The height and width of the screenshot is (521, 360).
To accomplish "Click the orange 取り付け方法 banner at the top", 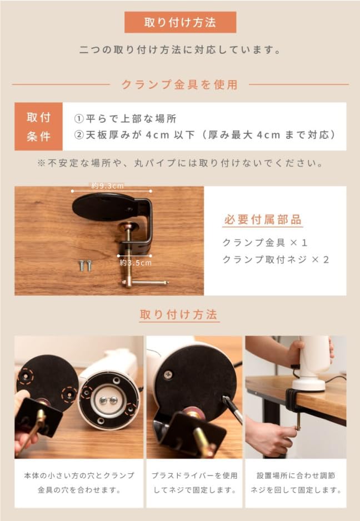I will click(180, 23).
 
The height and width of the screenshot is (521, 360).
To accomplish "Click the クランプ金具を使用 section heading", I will click(180, 84).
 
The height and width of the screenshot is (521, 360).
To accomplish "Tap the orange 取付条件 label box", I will click(38, 127).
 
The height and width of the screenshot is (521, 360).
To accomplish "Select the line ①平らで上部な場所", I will click(126, 119).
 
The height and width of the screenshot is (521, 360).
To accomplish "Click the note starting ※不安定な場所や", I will click(180, 163).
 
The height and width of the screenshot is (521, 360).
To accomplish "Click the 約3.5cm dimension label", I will click(135, 262).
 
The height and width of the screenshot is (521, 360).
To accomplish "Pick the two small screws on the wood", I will click(84, 265).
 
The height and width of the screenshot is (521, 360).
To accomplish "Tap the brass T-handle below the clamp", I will click(144, 283).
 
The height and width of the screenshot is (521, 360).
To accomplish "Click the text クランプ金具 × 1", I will click(264, 243).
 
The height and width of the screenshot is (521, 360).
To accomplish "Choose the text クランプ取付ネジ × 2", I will click(276, 259).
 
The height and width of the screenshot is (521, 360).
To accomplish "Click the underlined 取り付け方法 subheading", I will click(180, 315).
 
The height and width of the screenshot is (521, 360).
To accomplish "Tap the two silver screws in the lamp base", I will click(109, 400).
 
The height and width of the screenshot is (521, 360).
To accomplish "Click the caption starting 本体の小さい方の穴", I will click(79, 483).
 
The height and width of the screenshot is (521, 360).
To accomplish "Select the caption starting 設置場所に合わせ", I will click(296, 483).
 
